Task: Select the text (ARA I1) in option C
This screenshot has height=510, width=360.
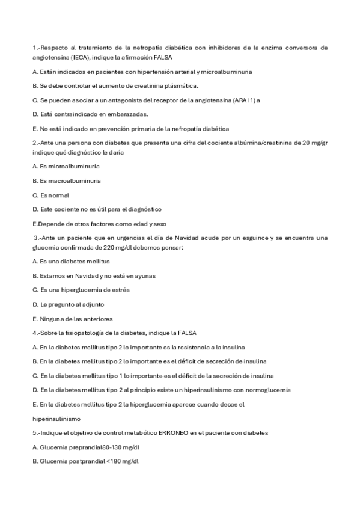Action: tap(246, 100)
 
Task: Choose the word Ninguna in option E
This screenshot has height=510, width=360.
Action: tap(50, 319)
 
